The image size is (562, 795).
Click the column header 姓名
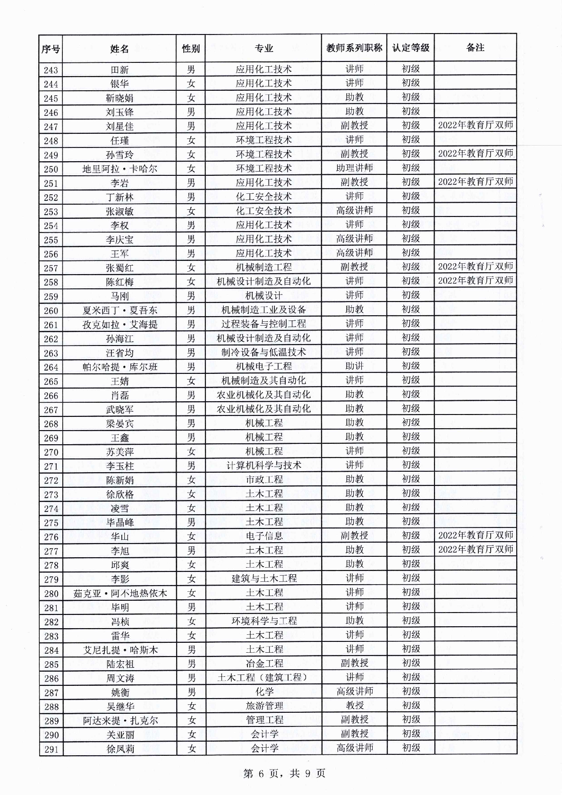point(119,49)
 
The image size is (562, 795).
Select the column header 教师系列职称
point(354,48)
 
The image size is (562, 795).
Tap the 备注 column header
point(475,48)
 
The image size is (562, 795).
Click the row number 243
point(51,70)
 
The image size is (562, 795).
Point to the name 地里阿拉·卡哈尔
point(119,169)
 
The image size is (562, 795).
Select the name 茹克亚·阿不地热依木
point(120,593)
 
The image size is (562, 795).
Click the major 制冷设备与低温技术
point(264,352)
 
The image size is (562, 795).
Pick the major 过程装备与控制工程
point(264,324)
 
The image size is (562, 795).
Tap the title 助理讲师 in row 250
point(354,168)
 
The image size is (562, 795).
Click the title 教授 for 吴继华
point(354,706)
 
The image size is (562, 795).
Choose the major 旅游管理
point(264,706)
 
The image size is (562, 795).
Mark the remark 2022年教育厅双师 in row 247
point(475,126)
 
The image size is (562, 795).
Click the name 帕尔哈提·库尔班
point(119,367)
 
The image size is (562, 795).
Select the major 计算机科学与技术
point(264,466)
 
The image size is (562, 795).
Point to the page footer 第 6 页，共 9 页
point(284,774)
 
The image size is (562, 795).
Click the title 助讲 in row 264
point(354,366)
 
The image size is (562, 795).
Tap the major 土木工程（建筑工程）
point(264,677)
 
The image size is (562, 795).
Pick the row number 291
point(51,749)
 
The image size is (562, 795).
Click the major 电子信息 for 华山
point(264,536)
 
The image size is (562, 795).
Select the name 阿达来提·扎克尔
point(120,721)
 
